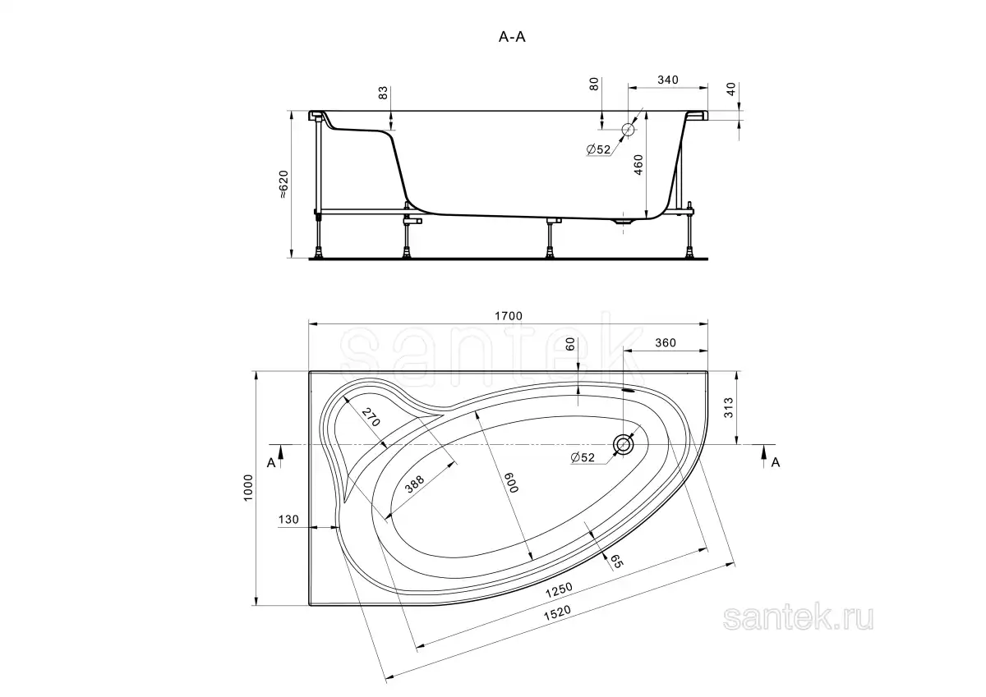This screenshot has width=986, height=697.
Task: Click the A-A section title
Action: [x=512, y=38]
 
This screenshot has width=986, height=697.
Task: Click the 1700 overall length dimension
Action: [x=509, y=316]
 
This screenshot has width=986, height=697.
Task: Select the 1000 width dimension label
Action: [x=248, y=487]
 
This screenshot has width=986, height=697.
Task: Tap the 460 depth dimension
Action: [x=638, y=165]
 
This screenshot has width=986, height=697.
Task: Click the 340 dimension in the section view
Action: [x=668, y=80]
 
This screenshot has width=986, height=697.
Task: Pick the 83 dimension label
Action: [x=384, y=92]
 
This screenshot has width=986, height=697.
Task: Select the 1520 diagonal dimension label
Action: [x=557, y=612]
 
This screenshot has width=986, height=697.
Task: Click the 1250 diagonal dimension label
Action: [x=559, y=590]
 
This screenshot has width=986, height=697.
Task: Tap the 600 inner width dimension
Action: [x=511, y=483]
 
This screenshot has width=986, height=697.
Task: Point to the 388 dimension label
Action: [x=414, y=484]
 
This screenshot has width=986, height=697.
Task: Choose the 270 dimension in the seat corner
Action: [x=371, y=417]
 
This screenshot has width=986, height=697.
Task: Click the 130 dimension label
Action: [x=288, y=520]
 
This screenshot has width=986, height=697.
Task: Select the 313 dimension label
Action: [x=729, y=407]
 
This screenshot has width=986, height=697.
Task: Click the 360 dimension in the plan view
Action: [x=665, y=342]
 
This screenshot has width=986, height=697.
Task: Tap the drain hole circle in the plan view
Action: [x=624, y=445]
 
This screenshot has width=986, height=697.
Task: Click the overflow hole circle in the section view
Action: [x=628, y=129]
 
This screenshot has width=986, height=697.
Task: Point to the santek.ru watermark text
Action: [x=798, y=618]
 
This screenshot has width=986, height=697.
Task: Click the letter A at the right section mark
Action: [x=775, y=462]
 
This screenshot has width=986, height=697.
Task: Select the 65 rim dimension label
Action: [x=616, y=561]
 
